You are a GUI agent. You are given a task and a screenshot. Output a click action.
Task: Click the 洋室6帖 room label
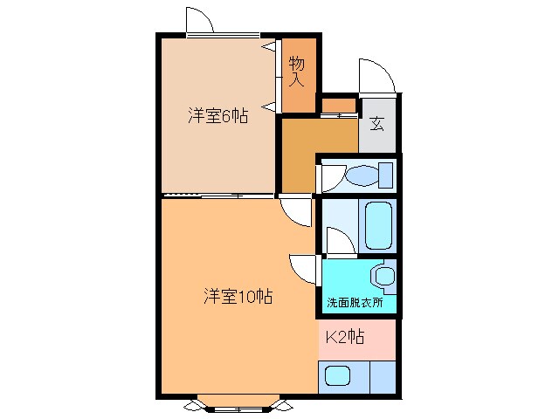(x=217, y=115)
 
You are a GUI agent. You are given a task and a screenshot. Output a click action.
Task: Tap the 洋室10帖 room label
(x=238, y=296)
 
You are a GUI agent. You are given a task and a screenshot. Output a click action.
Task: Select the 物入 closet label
(x=297, y=72)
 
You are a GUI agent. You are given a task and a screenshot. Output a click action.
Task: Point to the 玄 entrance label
(x=376, y=124)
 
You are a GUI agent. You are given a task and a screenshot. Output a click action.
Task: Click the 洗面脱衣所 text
(x=359, y=302)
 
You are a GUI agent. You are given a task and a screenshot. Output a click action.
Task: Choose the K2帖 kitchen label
(x=346, y=336)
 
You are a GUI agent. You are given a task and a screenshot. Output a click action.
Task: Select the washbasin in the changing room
(x=383, y=276)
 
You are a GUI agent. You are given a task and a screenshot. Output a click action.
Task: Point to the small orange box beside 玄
(x=338, y=106)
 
